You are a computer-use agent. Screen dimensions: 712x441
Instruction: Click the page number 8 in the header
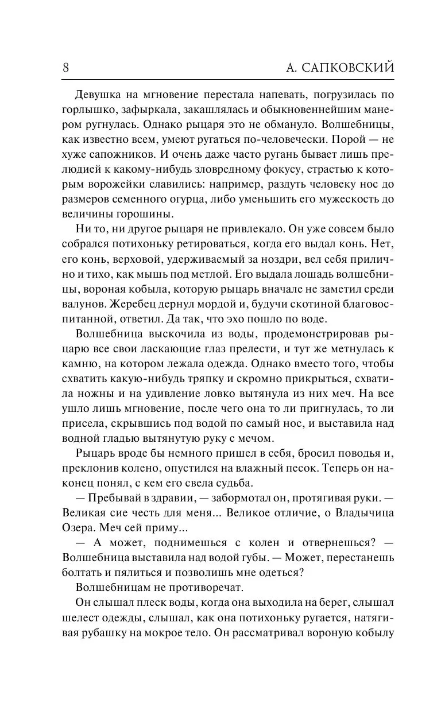pyautogui.click(x=65, y=67)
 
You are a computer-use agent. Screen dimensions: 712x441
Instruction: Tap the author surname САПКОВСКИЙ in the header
pyautogui.click(x=345, y=67)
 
